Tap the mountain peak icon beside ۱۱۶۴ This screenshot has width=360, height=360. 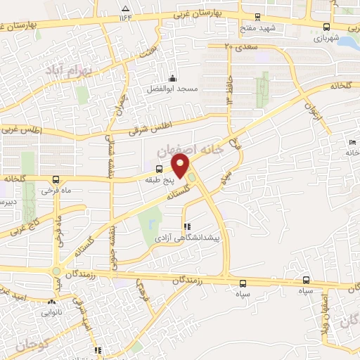pos(125,8)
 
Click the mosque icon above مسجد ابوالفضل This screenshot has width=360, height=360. pos(172,77)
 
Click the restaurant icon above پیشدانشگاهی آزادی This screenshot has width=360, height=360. pos(187,227)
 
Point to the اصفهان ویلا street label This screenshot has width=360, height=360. pos(326,321)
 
